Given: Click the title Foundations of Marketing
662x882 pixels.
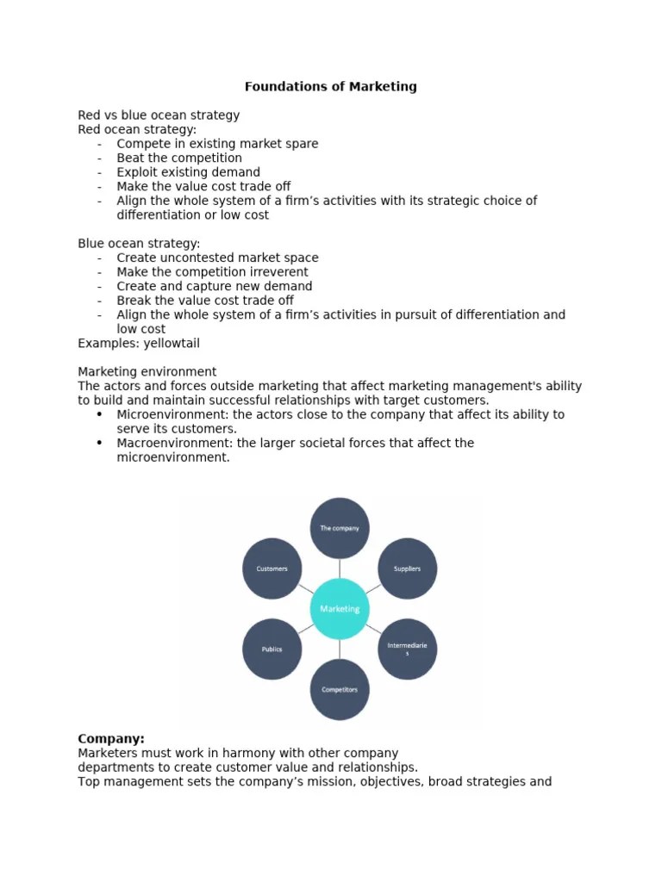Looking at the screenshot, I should pos(330,86).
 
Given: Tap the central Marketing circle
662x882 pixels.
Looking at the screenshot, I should pos(340,609).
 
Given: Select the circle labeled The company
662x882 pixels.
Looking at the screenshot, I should pos(340,528).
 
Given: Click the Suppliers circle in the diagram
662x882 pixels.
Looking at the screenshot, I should pos(408,568).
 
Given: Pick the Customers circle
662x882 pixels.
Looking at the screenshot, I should pos(272,568).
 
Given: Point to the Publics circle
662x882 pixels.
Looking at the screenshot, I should pos(272,649).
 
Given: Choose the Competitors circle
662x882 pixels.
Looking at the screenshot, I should pos(340,689).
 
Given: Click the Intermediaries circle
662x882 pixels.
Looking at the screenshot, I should pos(408,649).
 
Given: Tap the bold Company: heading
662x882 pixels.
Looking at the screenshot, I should pos(111,739).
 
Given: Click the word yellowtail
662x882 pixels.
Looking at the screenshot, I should pos(172,343).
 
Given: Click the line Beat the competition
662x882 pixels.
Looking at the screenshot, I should pos(179,158).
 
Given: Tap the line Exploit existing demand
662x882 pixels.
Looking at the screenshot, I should pos(188,172).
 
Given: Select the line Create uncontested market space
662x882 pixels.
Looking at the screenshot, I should pos(217,258).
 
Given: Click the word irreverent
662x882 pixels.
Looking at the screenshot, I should pos(275,272).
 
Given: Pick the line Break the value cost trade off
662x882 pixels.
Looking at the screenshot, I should pos(205,301).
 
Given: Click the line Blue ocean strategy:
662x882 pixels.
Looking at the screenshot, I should pos(139,244).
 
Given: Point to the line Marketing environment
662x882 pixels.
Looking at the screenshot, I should pos(147,371).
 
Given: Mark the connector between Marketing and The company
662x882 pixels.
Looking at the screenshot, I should pos(340,568).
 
